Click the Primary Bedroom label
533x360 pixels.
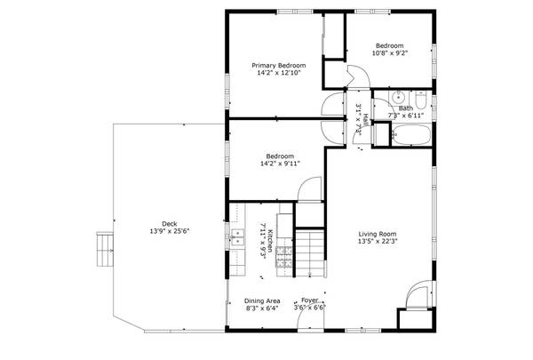pos(278,66)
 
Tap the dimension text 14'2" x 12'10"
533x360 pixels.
pos(278,74)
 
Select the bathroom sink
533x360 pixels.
pos(399,98)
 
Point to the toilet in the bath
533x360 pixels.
pos(422,99)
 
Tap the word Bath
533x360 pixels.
pos(405,108)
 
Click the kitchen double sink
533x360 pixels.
pos(238,236)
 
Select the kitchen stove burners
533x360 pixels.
pos(285,258)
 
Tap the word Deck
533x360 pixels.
pos(169,224)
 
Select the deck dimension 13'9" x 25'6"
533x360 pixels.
pos(169,232)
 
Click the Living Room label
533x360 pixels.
pos(377,233)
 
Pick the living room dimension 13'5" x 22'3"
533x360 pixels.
pos(377,241)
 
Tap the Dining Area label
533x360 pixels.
pos(262,300)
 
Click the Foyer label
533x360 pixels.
pos(309,300)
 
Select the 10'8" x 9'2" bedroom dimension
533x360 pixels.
pos(389,53)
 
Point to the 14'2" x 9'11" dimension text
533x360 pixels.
pos(281,164)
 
